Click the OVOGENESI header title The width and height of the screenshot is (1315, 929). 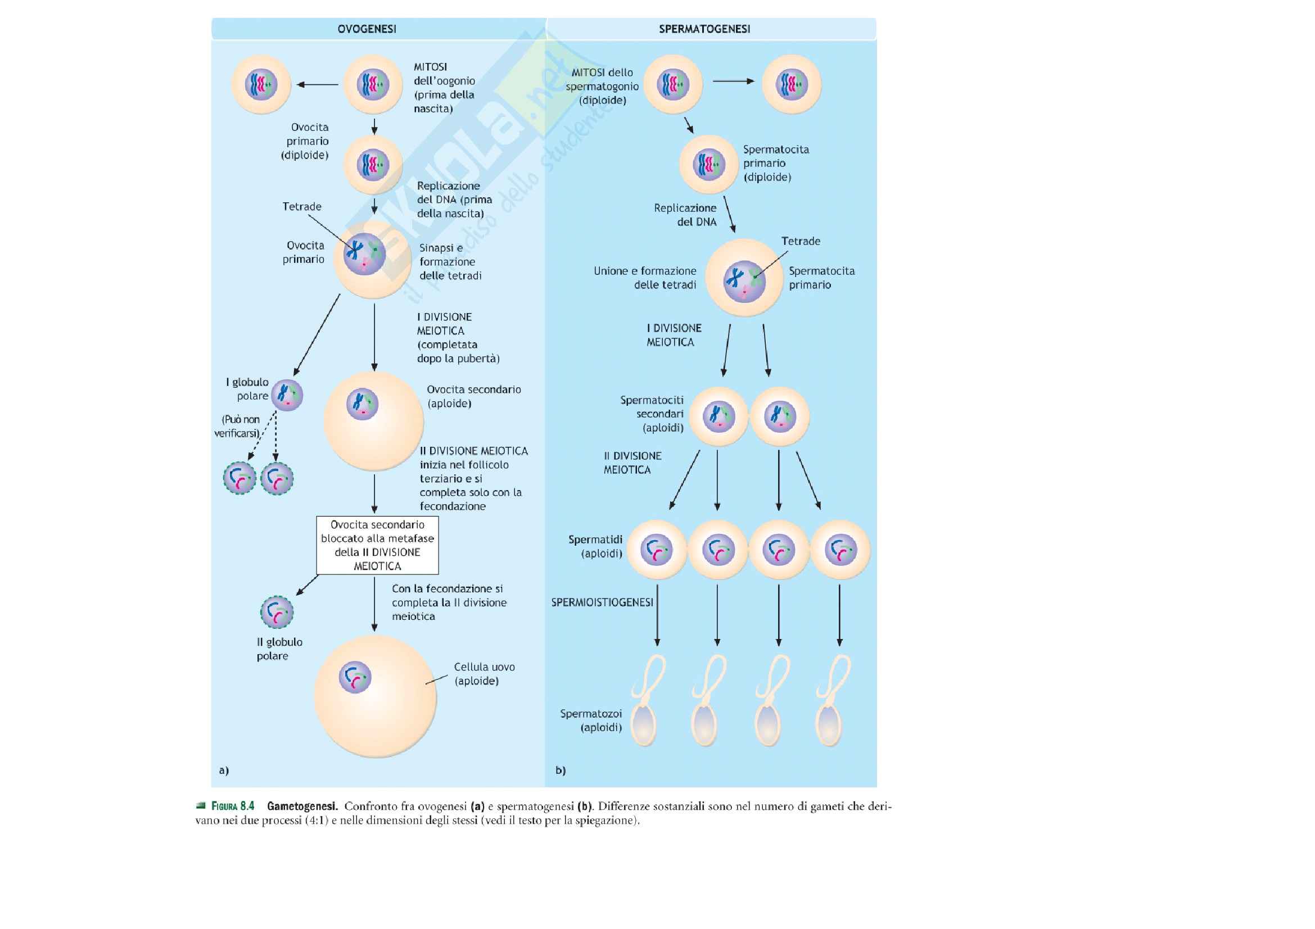pos(367,29)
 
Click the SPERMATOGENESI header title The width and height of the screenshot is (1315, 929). pos(704,29)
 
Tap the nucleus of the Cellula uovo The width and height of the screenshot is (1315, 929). pos(355,677)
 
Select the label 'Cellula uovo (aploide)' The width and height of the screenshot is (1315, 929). pos(484,674)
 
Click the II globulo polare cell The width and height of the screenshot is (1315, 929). pos(277,612)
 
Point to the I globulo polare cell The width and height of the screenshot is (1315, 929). pos(287,395)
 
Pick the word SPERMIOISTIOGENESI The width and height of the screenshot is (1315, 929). pos(602,602)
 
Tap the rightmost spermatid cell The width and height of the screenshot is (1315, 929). pos(840,550)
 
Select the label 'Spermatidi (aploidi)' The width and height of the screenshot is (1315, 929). pos(595,546)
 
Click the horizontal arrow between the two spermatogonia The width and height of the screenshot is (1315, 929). pos(733,81)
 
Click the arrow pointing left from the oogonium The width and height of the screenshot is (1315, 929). pos(317,85)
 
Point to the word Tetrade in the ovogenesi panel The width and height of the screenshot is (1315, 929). pos(302,207)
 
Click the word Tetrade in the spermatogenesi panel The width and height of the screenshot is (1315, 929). pos(800,242)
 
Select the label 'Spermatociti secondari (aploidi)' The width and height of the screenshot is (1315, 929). pos(652,414)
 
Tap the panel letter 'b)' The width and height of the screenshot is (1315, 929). pos(560,771)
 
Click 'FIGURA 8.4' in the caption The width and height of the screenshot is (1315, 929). pos(233,806)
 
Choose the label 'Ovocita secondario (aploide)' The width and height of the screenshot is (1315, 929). pos(473,396)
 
